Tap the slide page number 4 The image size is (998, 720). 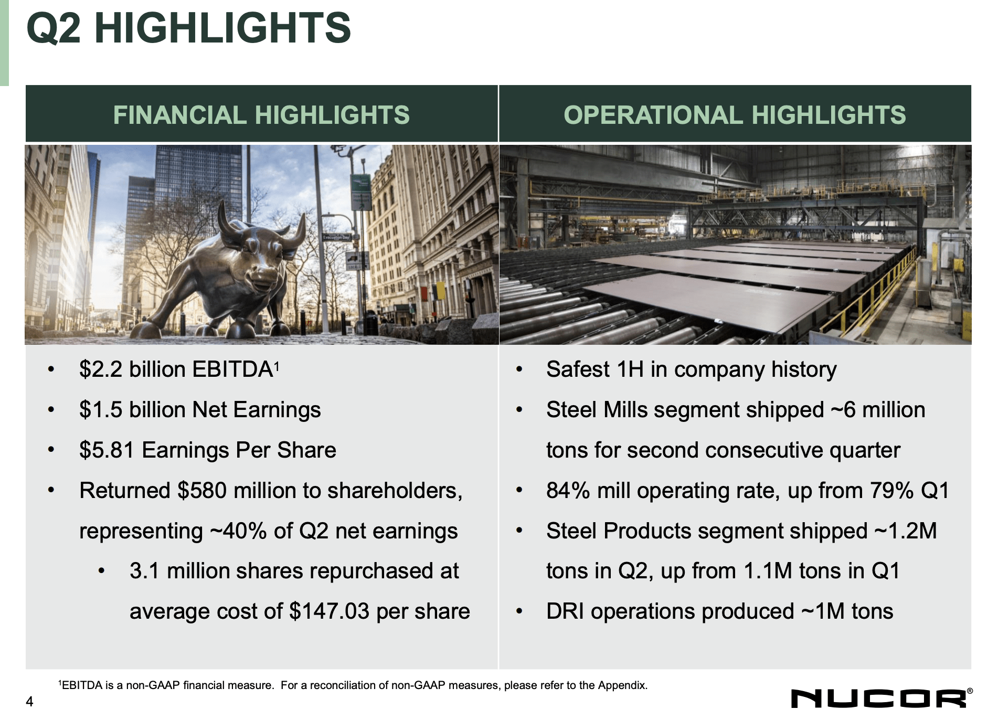tap(30, 702)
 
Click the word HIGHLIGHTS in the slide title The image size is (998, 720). tap(222, 28)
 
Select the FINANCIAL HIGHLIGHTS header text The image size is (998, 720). tap(261, 115)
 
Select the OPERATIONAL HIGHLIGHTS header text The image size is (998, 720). tap(735, 115)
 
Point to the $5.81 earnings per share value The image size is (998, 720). tap(107, 450)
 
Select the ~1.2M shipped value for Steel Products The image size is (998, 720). tap(905, 531)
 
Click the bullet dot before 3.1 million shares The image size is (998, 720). tap(102, 571)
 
